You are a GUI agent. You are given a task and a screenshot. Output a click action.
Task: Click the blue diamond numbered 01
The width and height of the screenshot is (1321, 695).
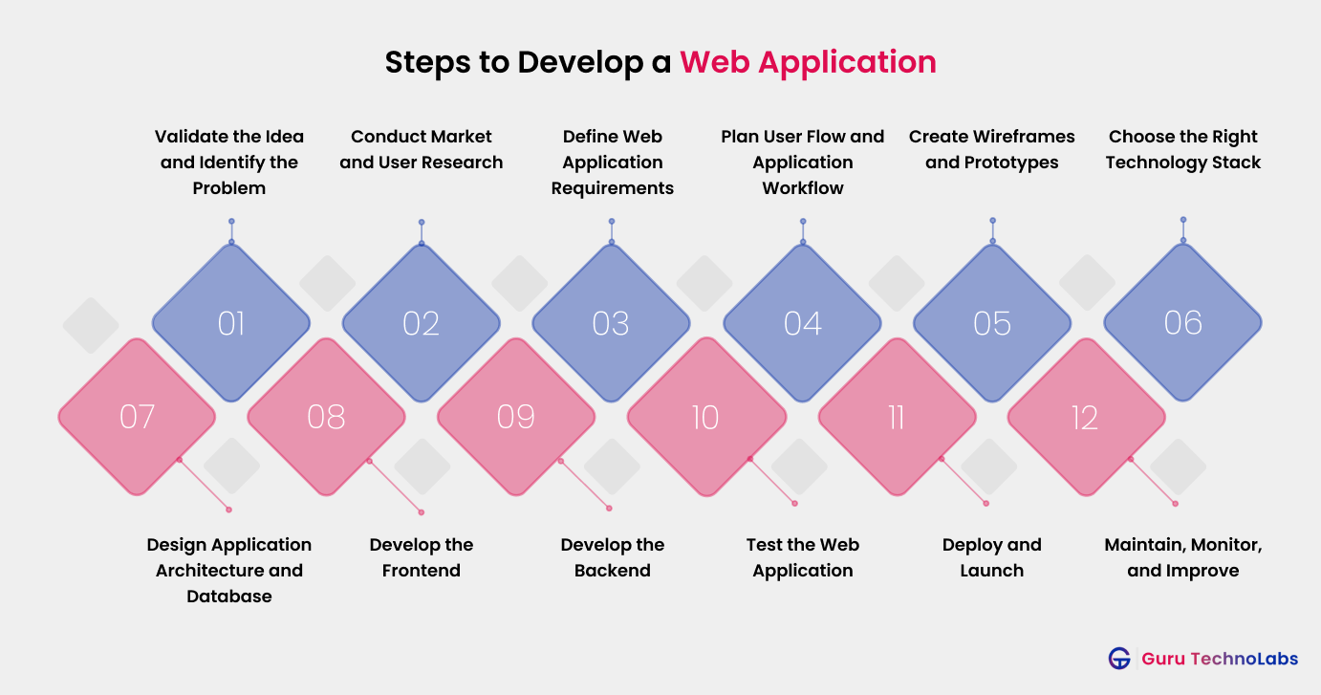click(x=230, y=322)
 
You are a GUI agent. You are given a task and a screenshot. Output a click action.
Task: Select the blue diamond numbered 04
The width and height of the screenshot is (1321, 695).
click(x=802, y=322)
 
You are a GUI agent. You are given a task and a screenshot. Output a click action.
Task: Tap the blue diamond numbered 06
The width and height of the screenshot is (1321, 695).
click(x=1182, y=322)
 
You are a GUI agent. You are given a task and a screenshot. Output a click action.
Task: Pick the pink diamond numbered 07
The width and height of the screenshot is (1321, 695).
click(x=137, y=417)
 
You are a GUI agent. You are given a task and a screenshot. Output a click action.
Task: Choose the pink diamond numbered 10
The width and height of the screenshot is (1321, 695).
click(x=705, y=417)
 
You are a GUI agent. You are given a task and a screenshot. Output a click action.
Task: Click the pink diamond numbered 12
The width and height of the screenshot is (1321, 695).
click(x=1085, y=417)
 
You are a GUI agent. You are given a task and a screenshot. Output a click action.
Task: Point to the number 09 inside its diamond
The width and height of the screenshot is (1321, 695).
click(x=515, y=417)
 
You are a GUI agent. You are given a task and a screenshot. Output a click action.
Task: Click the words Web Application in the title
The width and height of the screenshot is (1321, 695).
click(x=808, y=62)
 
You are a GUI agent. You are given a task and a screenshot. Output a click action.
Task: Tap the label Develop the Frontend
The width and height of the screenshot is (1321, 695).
click(x=421, y=557)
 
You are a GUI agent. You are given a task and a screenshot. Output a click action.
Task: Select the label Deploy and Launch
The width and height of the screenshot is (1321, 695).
click(x=991, y=557)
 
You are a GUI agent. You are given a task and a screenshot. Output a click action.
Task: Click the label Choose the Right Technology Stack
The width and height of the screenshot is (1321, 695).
click(x=1182, y=149)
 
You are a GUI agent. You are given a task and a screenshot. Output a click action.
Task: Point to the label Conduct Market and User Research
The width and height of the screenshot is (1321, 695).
click(x=421, y=149)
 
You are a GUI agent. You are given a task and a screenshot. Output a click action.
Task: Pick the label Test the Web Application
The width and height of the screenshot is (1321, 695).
click(x=802, y=557)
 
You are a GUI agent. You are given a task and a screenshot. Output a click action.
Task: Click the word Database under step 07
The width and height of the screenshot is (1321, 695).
click(x=229, y=597)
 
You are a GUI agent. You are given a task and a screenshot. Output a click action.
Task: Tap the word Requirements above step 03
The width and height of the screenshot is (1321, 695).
click(x=612, y=188)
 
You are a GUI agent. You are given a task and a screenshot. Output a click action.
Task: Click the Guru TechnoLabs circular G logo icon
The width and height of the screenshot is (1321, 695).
click(x=1119, y=659)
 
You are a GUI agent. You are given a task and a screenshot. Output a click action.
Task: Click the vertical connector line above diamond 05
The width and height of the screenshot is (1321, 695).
click(x=992, y=230)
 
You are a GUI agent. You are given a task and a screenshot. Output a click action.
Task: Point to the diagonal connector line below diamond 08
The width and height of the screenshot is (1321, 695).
click(x=395, y=487)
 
